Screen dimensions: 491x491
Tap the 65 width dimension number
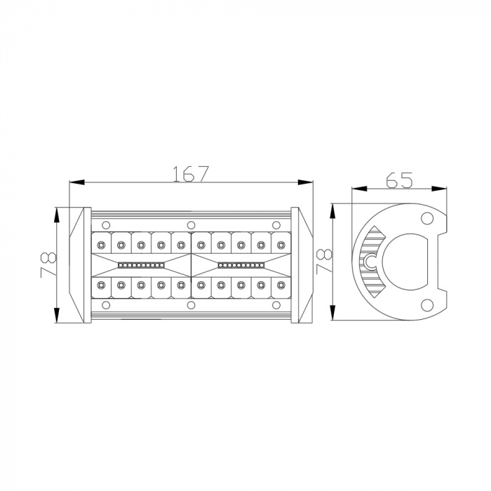click(399, 180)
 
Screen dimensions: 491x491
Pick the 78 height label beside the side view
click(324, 261)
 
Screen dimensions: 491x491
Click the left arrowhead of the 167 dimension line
click(76, 182)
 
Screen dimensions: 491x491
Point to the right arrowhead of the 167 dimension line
click(305, 182)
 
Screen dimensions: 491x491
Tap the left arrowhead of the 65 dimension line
click(359, 189)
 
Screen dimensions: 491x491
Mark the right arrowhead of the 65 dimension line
click(439, 189)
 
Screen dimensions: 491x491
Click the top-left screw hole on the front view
click(106, 225)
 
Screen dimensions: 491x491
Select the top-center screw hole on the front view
click(191, 225)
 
